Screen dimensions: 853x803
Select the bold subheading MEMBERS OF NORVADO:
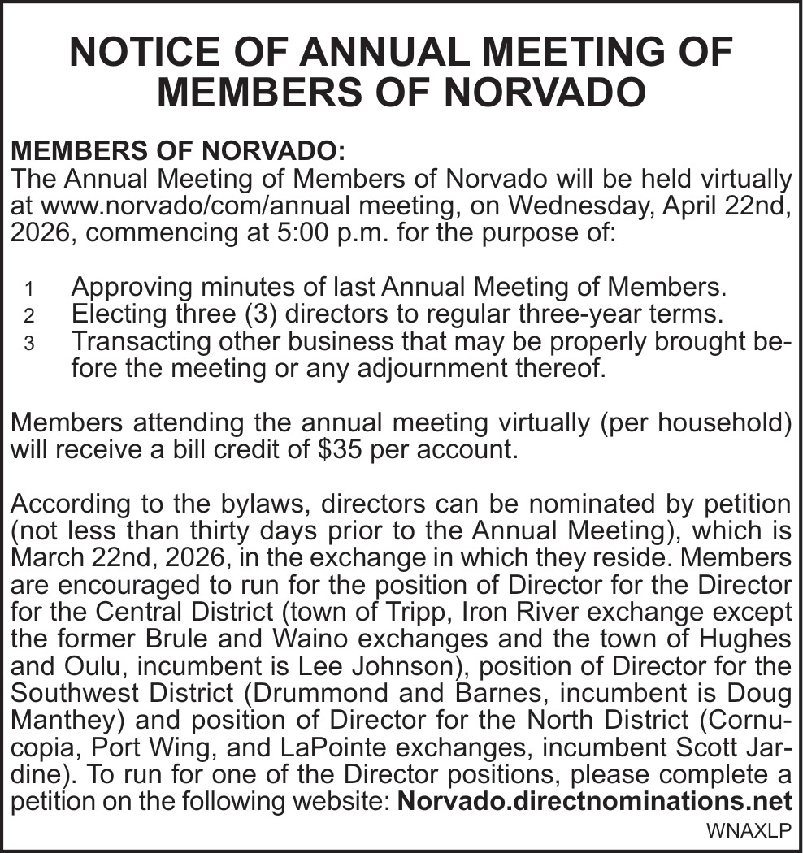(x=178, y=151)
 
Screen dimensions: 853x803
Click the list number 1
(x=29, y=289)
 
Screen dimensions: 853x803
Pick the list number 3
(x=29, y=344)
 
